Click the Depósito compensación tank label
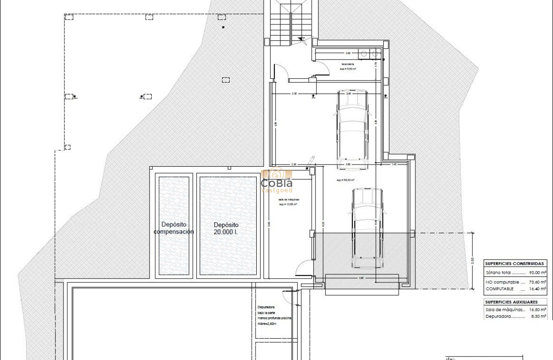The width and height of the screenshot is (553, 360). pos(174,228)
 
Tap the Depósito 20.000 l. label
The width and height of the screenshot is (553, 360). pos(226,228)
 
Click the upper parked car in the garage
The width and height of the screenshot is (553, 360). pos(352,129)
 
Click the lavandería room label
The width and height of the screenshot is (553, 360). pos(348,64)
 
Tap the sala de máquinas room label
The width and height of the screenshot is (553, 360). pos(289,200)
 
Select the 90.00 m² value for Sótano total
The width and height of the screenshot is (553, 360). pos(537,273)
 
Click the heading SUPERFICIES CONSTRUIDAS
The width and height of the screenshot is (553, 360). pos(515,264)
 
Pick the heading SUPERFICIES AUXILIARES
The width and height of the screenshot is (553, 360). pos(511,302)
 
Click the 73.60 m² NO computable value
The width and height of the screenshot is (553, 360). pos(537,282)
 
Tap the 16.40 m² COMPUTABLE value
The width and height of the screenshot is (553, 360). pos(537,289)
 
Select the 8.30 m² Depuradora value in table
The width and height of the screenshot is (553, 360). pos(537,316)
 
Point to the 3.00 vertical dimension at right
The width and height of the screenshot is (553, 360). pos(472,260)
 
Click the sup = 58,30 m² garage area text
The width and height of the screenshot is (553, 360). pos(345,180)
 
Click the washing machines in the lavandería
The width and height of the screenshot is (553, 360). pos(369,54)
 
